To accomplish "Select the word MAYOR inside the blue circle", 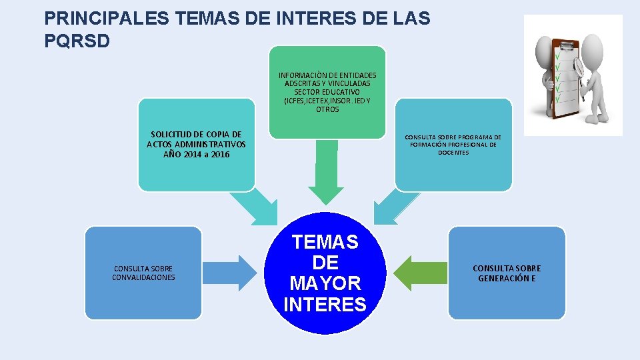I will pyautogui.click(x=325, y=283).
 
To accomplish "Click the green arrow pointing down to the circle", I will pyautogui.click(x=325, y=173).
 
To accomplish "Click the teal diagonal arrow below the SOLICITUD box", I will pyautogui.click(x=257, y=207).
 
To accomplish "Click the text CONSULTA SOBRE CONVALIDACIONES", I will pyautogui.click(x=143, y=273).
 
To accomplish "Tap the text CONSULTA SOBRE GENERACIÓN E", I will pyautogui.click(x=507, y=273).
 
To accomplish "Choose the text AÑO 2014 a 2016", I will pyautogui.click(x=196, y=154).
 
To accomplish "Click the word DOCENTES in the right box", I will pyautogui.click(x=453, y=153).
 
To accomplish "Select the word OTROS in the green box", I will pyautogui.click(x=327, y=109).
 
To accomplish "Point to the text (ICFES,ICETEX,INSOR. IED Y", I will pyautogui.click(x=327, y=101).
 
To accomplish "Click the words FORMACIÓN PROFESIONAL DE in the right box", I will pyautogui.click(x=453, y=145).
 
